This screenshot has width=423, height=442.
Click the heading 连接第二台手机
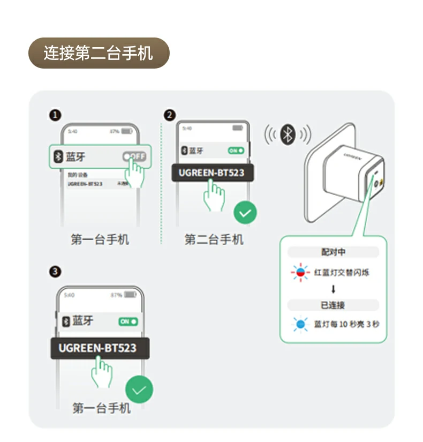[x=98, y=53]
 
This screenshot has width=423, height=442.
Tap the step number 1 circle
[x=55, y=115]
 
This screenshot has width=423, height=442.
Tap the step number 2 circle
[x=170, y=115]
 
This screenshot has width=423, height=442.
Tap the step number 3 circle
[x=55, y=272]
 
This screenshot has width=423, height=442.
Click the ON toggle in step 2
[x=236, y=151]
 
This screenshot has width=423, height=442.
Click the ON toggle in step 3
[x=129, y=321]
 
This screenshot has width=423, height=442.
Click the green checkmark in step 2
[x=245, y=213]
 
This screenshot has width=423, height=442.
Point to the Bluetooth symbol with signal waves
[x=288, y=134]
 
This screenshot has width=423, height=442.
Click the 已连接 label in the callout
[x=333, y=305]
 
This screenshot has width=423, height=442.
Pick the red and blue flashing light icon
[x=300, y=273]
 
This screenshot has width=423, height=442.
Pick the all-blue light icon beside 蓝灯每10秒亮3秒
[x=300, y=324]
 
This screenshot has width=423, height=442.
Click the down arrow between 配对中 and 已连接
[x=333, y=289]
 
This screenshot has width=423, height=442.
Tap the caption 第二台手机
[x=214, y=239]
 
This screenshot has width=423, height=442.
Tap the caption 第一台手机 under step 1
[x=100, y=239]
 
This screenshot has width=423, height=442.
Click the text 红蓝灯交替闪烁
[x=342, y=273]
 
